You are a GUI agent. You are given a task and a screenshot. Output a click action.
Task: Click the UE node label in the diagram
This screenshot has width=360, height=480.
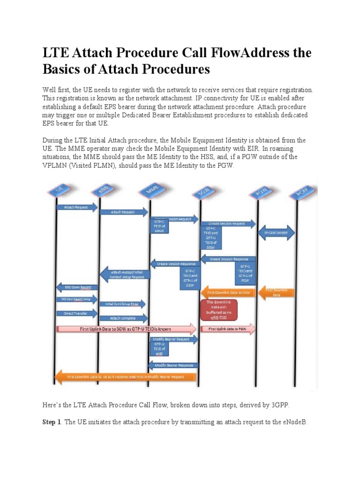click(60, 190)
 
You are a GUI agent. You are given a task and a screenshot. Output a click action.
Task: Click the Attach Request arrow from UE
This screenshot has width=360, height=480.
click(76, 207)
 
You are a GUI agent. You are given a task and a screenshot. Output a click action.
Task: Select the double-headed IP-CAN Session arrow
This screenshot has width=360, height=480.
click(277, 232)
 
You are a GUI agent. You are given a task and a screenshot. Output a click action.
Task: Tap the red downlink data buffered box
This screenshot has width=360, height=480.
click(218, 309)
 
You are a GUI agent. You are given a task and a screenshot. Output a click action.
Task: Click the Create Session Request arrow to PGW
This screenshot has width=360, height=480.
click(227, 224)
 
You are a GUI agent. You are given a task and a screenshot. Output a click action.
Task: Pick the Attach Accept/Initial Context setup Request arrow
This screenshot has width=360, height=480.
click(125, 275)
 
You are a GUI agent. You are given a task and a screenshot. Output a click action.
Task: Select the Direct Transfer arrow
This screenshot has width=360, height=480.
click(76, 313)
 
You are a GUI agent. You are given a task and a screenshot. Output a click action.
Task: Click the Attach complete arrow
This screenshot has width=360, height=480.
click(124, 318)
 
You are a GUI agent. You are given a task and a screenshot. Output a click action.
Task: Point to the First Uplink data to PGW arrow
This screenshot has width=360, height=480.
click(228, 329)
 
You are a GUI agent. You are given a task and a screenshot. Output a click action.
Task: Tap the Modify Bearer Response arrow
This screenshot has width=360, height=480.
click(173, 365)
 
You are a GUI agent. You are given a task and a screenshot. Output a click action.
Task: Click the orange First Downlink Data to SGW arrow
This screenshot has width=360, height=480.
click(228, 292)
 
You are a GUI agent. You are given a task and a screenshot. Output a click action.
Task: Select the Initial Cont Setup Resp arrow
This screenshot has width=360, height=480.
click(123, 304)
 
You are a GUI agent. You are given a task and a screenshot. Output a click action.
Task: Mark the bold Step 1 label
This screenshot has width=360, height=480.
click(52, 422)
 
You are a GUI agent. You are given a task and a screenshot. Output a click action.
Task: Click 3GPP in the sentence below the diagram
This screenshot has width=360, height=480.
click(270, 405)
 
